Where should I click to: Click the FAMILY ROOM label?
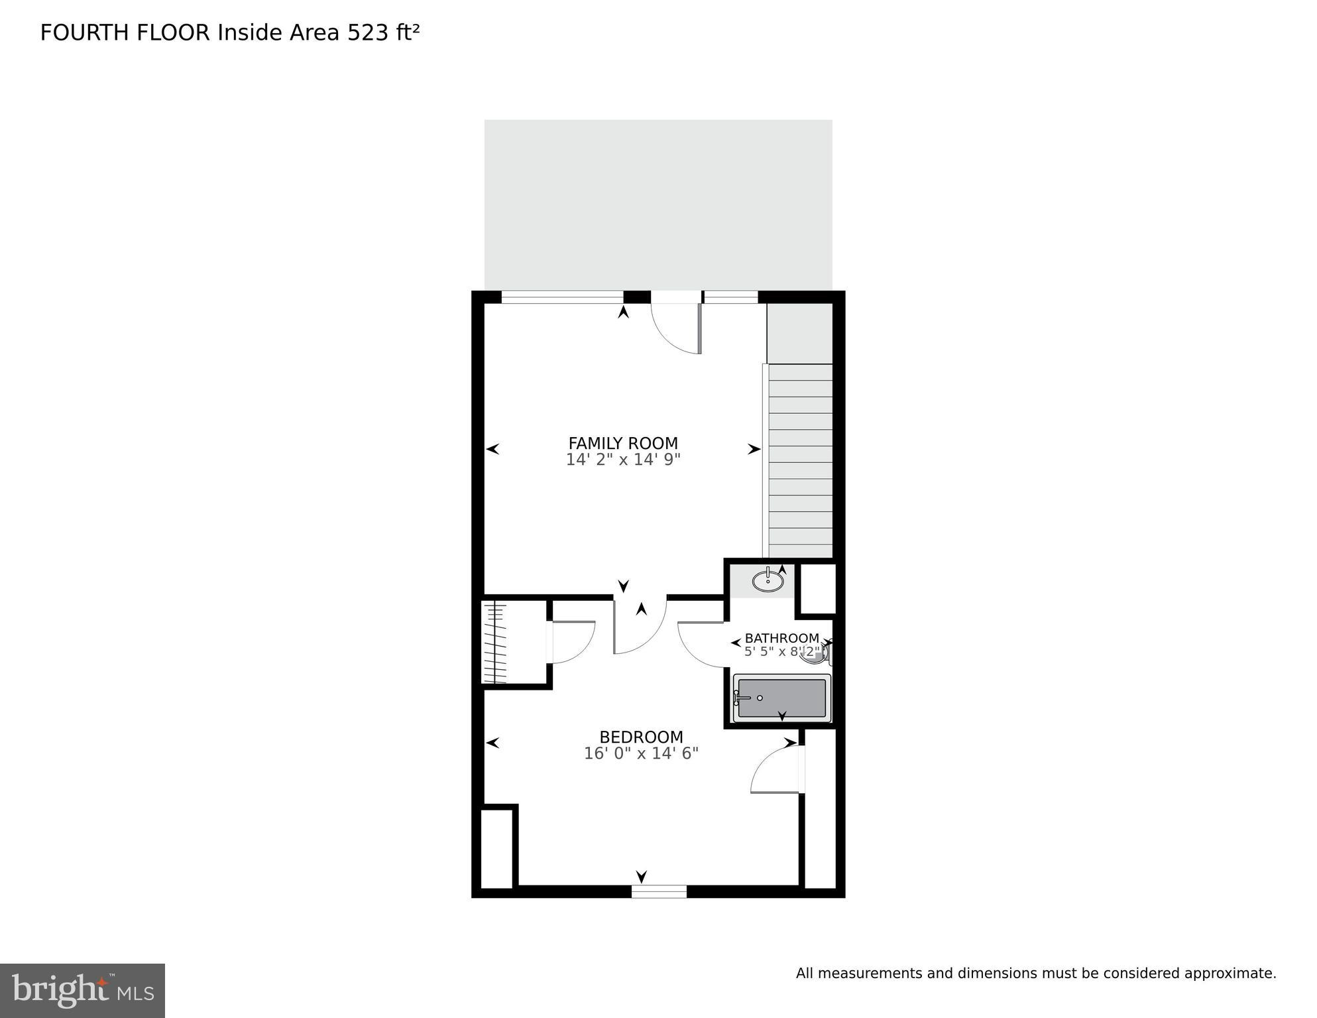pos(623,443)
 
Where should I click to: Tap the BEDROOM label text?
pos(641,737)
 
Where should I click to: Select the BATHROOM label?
pos(781,638)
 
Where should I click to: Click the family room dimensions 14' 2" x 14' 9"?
pos(623,460)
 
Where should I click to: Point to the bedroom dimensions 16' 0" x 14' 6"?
pos(641,753)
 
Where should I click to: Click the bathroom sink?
pos(768,582)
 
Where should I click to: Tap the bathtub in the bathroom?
pos(781,698)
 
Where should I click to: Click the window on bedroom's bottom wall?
pos(659,891)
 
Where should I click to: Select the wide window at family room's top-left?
pos(562,297)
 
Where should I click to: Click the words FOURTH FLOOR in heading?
pos(125,32)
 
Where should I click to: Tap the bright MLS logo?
pos(82,990)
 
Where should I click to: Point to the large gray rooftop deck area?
pos(658,204)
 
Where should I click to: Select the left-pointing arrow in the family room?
pos(492,450)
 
